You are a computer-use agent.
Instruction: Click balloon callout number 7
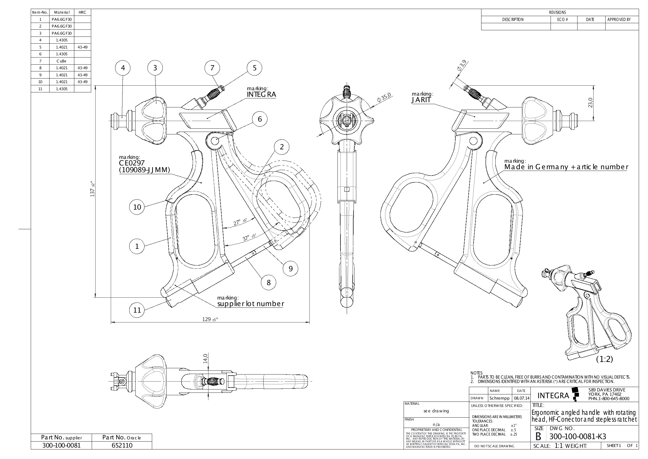tap(212, 68)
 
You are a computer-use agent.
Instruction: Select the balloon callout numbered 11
tap(137, 310)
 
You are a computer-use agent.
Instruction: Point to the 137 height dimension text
tap(93, 189)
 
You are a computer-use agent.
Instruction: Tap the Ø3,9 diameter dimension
tap(462, 66)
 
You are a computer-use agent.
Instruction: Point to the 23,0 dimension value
tap(590, 103)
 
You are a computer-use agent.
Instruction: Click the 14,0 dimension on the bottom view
tap(205, 358)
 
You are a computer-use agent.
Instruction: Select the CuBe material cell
tap(62, 61)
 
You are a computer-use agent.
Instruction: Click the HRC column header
tap(82, 13)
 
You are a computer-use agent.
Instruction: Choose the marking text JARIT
tap(421, 100)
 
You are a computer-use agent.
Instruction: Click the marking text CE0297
tap(132, 163)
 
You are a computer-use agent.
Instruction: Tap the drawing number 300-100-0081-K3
tap(578, 436)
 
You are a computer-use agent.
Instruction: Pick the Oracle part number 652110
tap(122, 445)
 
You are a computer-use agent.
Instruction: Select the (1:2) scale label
tap(604, 359)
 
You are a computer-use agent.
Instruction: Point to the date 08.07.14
tap(521, 398)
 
